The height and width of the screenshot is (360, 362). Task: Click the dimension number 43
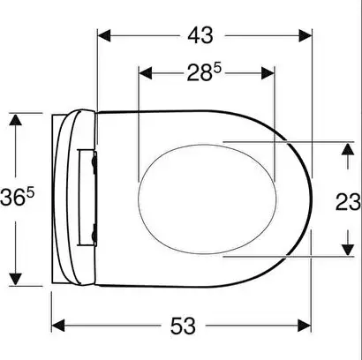[200, 36]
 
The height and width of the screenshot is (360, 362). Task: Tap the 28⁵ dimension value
[204, 72]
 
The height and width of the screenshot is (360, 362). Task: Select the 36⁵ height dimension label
[17, 197]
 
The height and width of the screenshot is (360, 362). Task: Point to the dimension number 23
[348, 202]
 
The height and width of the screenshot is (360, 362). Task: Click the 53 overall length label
[183, 326]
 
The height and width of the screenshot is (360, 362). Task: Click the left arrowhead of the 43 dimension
[104, 35]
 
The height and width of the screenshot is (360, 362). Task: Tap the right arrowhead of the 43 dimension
[305, 35]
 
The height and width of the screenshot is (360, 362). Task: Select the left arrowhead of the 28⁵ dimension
[146, 73]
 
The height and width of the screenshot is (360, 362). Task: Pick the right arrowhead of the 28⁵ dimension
[268, 73]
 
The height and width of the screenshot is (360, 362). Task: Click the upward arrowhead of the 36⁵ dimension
[15, 120]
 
